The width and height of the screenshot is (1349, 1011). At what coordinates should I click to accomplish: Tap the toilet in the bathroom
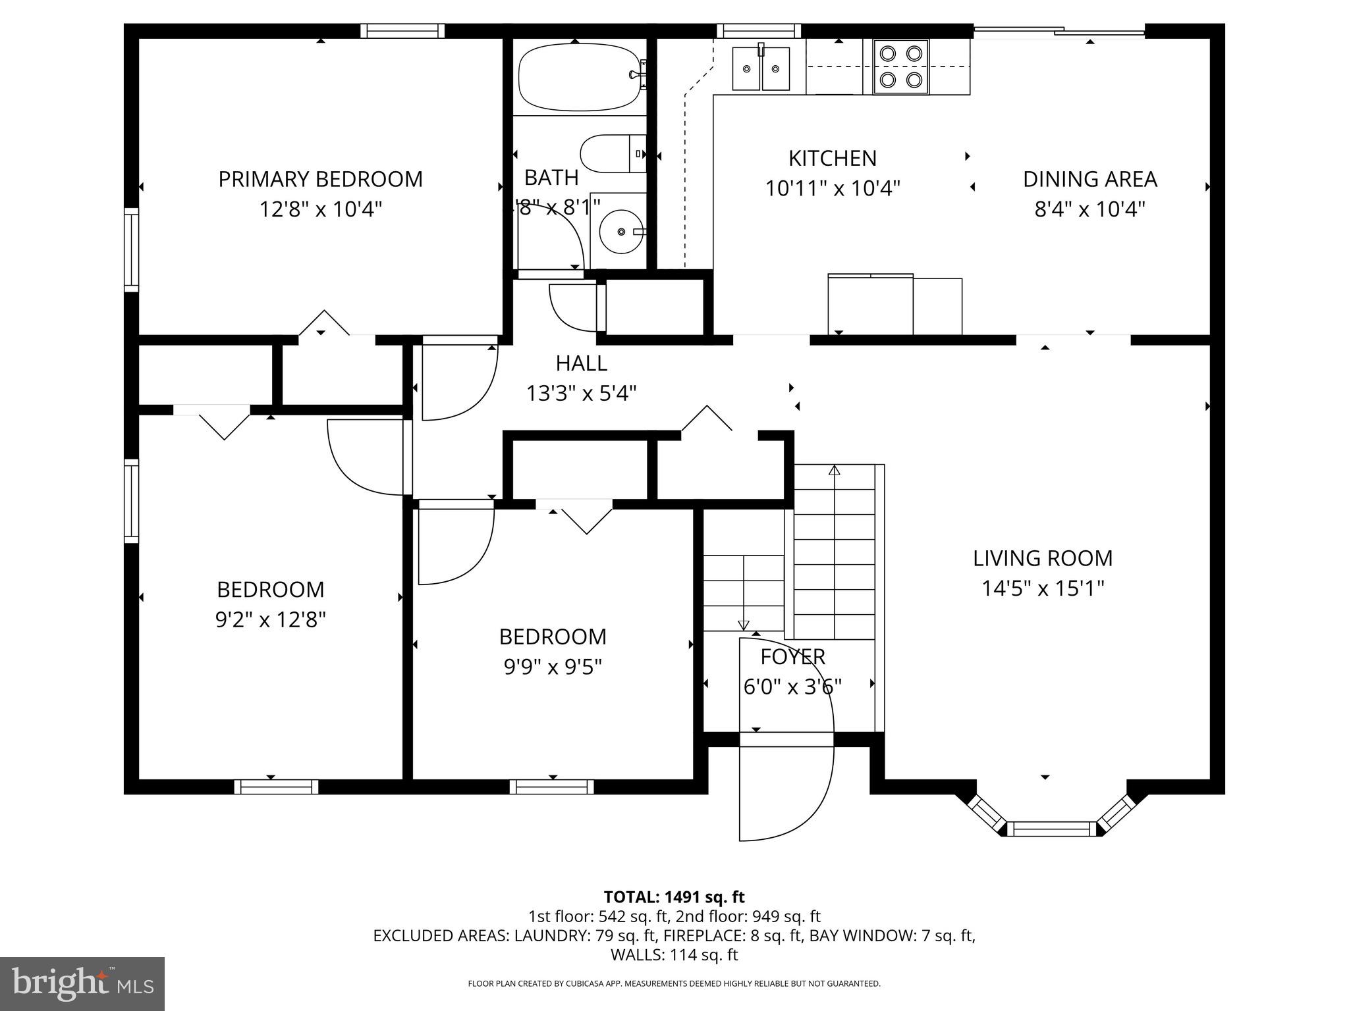coord(613,154)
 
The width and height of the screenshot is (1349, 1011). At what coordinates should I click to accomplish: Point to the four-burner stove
coord(901,66)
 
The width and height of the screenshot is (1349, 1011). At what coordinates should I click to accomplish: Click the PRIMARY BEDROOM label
coord(321,179)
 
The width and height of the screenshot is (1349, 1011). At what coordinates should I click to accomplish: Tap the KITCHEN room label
coord(833,159)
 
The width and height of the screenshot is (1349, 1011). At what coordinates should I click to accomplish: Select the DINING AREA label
coord(1090,179)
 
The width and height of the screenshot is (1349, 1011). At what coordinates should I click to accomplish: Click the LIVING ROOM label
coord(1043,558)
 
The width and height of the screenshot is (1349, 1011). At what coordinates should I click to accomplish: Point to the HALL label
coord(582,363)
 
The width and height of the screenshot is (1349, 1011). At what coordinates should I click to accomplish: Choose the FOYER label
coord(793,657)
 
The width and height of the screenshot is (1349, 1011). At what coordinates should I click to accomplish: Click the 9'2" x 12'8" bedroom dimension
coord(271,620)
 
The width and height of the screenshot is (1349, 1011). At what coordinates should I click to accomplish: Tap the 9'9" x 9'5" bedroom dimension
coord(553,667)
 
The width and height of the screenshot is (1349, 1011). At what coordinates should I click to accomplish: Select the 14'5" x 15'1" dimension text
coord(1043,588)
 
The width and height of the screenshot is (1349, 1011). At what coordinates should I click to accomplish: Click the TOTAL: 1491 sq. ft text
coord(674,897)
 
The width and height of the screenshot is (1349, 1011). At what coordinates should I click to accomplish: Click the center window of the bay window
coord(1051,829)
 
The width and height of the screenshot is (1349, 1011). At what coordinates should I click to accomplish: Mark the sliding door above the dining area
coord(1059,31)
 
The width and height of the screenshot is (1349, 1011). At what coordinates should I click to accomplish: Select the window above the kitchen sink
coord(759,31)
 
